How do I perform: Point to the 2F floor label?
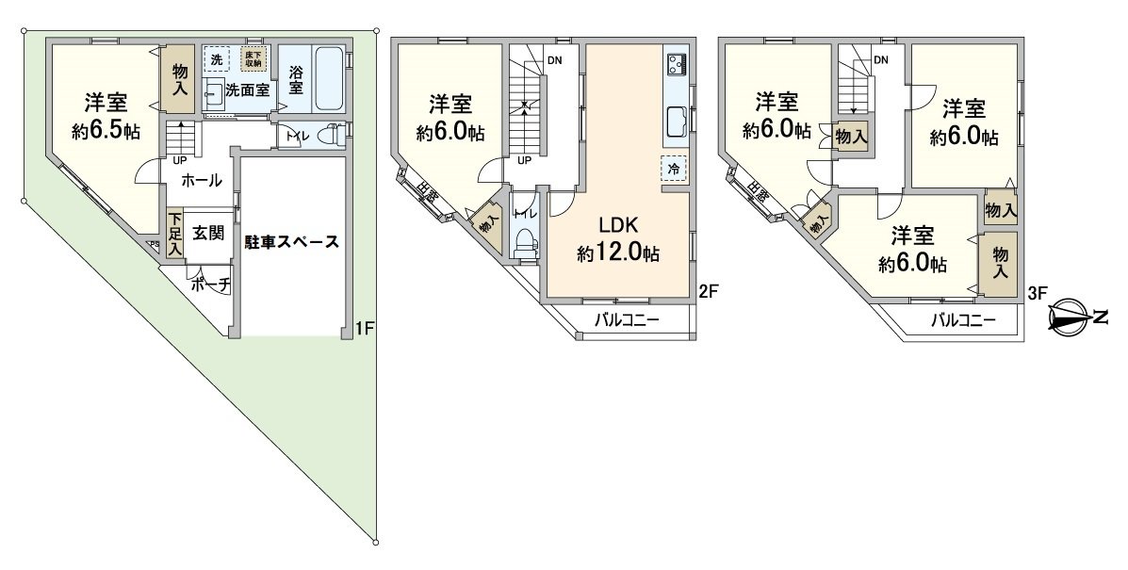pyautogui.click(x=710, y=291)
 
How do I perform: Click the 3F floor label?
pyautogui.click(x=1037, y=293)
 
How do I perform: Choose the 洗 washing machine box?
pyautogui.click(x=217, y=58)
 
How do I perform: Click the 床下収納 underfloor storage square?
pyautogui.click(x=252, y=57)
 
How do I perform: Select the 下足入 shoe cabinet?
pyautogui.click(x=174, y=232)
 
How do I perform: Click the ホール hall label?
pyautogui.click(x=201, y=180)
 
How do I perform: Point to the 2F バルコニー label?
pyautogui.click(x=626, y=320)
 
